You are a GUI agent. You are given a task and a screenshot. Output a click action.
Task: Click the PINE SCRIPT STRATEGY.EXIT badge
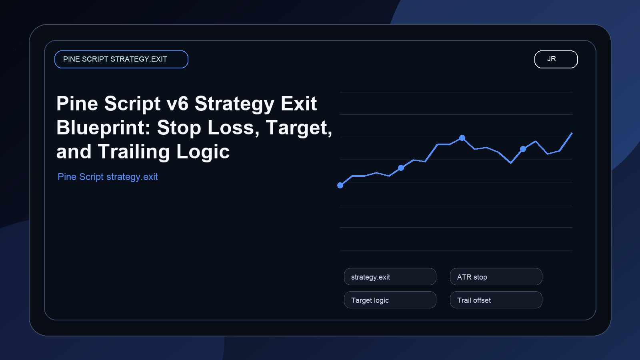tap(121, 59)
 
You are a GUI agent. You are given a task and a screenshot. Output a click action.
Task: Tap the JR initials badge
tap(556, 59)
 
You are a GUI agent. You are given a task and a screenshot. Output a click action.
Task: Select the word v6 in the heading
tap(177, 104)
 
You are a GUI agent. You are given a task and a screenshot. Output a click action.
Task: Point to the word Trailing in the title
tap(134, 152)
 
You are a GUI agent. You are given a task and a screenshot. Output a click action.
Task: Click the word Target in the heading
tap(299, 128)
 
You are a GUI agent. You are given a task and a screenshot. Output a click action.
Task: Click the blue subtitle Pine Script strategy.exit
tap(108, 177)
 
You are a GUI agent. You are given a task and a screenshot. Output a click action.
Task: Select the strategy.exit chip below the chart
tap(390, 277)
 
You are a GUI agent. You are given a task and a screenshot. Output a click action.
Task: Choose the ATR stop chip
tap(496, 277)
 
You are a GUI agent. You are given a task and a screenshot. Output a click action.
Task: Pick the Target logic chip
tap(390, 300)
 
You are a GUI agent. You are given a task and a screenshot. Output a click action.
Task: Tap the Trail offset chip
tap(496, 300)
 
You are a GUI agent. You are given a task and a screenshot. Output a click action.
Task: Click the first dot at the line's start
tap(340, 185)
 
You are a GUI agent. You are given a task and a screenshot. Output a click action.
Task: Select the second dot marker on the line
tap(401, 168)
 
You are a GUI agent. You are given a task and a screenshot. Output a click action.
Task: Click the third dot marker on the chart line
tap(462, 138)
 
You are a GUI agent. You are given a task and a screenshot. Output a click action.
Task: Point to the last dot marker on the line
tap(523, 149)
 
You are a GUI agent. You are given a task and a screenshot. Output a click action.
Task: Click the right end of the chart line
tap(572, 133)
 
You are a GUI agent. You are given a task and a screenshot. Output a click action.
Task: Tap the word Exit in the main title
tap(298, 104)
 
